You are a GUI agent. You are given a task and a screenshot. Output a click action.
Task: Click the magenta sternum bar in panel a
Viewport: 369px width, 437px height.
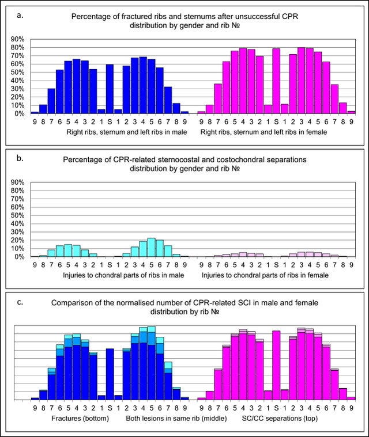coord(276,81)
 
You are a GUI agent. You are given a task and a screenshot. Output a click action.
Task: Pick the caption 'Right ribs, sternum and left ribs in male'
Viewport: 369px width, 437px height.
coord(110,132)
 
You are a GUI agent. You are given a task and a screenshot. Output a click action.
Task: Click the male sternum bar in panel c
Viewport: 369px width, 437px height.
coord(110,374)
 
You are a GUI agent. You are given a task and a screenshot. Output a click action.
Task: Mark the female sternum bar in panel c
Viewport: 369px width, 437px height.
coord(276,365)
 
